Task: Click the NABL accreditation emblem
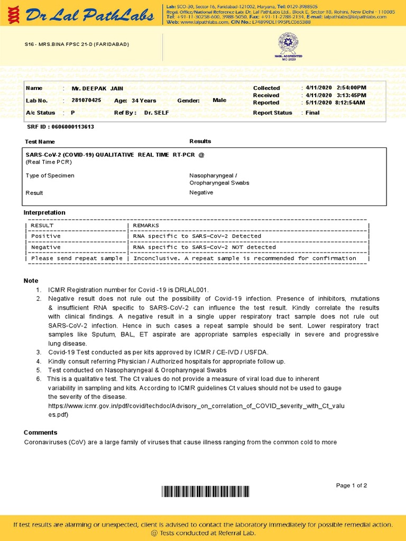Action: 288,45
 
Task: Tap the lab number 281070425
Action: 86,100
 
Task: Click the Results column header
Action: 200,141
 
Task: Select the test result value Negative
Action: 201,193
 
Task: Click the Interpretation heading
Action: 44,212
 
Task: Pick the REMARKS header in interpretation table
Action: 146,226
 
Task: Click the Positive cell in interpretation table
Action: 46,236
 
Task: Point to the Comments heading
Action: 40,432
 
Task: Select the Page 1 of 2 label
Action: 352,486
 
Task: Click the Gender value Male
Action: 219,100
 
